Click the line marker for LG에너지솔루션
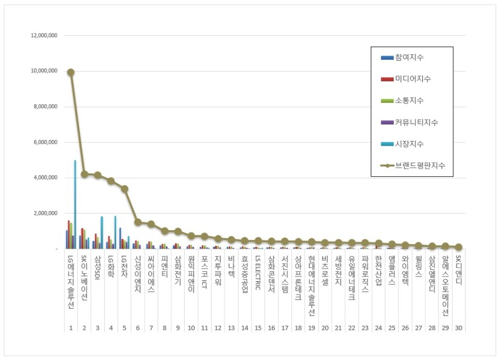70,72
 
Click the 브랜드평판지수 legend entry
416,165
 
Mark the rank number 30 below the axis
458,328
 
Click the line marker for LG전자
124,189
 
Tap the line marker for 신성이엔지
138,222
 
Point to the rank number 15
257,328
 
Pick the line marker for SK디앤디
458,247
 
